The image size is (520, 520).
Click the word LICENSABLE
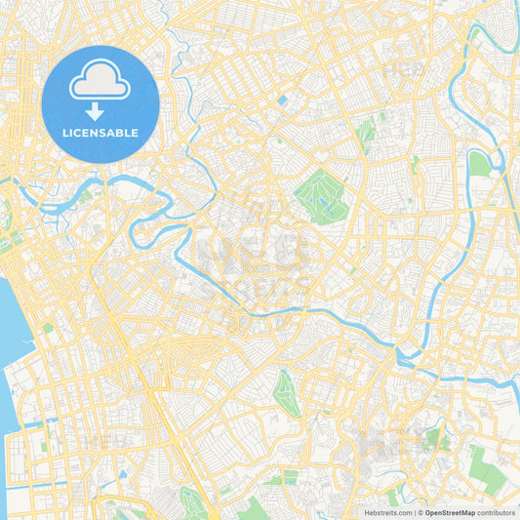[100, 132]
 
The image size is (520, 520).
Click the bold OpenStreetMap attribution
[449, 512]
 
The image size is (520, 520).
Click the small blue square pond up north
[282, 100]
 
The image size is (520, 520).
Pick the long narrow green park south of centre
[287, 394]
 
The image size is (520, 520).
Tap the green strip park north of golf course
[366, 134]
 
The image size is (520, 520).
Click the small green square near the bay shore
[47, 328]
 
